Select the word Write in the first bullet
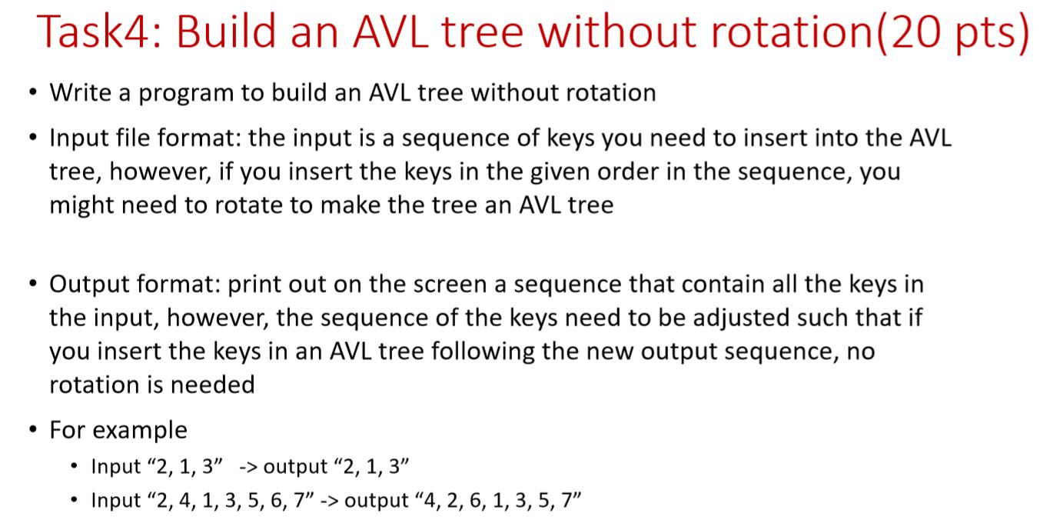(x=80, y=93)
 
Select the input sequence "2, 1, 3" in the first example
(x=182, y=466)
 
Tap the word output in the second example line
(x=377, y=501)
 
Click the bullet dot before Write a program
(x=31, y=93)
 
